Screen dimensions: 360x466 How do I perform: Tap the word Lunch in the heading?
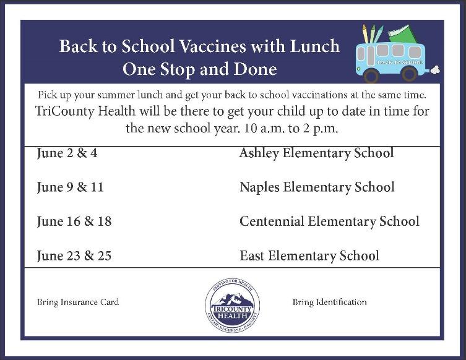[x=317, y=46]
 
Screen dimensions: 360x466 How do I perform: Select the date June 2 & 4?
[x=67, y=153]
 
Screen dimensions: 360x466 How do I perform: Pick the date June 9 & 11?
[x=70, y=187]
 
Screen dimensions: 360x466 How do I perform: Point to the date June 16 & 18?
[x=74, y=221]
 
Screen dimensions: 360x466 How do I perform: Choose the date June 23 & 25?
[x=74, y=255]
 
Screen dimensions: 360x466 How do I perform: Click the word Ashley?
[x=259, y=153]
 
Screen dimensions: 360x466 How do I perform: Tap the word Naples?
[x=259, y=187]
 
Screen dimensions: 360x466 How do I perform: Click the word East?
[x=252, y=255]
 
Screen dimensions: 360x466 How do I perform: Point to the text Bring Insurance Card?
[x=78, y=302]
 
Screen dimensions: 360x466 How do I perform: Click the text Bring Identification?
[x=329, y=302]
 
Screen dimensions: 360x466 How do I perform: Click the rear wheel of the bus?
[x=409, y=74]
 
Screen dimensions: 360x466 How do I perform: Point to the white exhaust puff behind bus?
[x=435, y=70]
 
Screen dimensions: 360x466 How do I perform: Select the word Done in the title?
[x=254, y=68]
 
